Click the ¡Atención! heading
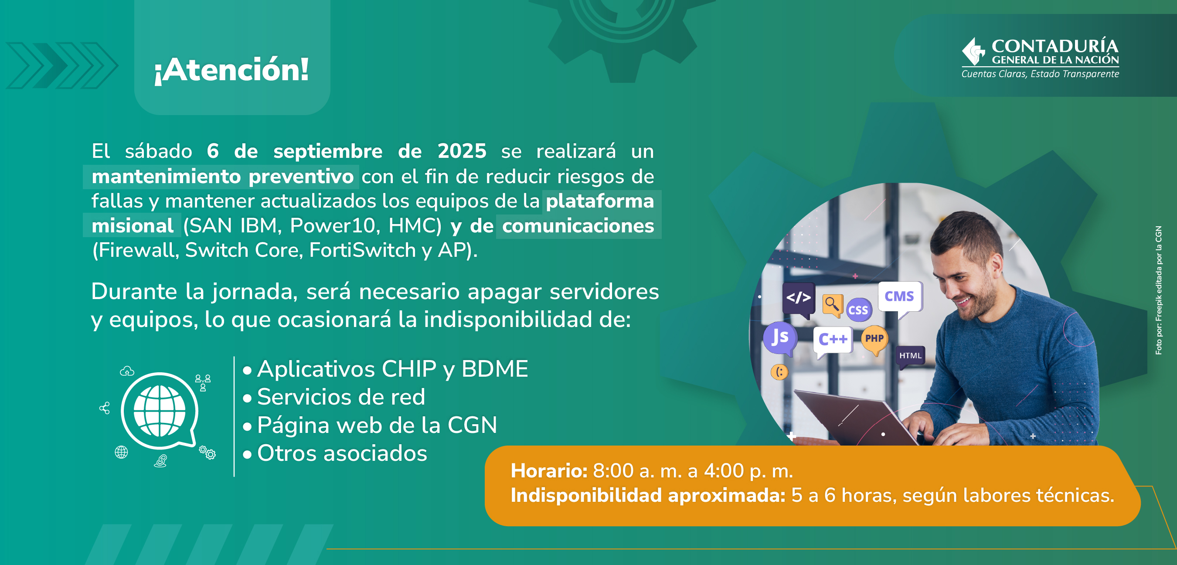231,70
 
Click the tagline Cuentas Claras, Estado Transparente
1040,74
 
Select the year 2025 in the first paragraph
462,151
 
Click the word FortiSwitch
362,250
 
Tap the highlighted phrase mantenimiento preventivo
222,177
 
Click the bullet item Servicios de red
341,397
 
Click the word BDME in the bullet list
495,369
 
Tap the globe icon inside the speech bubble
160,411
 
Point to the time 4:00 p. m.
748,471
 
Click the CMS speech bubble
900,298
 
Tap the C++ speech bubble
833,341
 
